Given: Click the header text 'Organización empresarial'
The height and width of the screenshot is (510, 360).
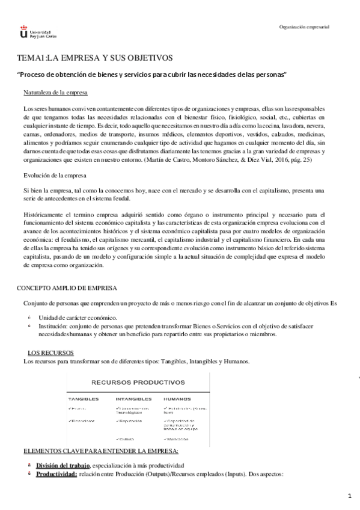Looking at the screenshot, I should click(x=305, y=27).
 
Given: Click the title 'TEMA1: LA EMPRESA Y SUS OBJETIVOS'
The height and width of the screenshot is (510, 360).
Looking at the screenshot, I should click(x=94, y=58).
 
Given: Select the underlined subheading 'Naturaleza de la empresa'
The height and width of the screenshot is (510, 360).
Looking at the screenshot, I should click(x=56, y=93).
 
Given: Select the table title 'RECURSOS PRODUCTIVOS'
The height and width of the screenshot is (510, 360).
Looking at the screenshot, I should click(x=138, y=381).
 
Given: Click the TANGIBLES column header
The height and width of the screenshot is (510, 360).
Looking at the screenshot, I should click(x=83, y=398).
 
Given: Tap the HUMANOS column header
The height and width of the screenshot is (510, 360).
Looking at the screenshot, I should click(x=177, y=398).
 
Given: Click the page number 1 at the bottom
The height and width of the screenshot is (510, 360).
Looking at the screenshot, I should click(x=349, y=496).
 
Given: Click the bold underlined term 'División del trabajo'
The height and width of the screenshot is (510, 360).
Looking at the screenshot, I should click(x=63, y=465).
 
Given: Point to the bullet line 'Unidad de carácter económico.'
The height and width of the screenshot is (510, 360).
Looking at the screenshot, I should click(x=78, y=317).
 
